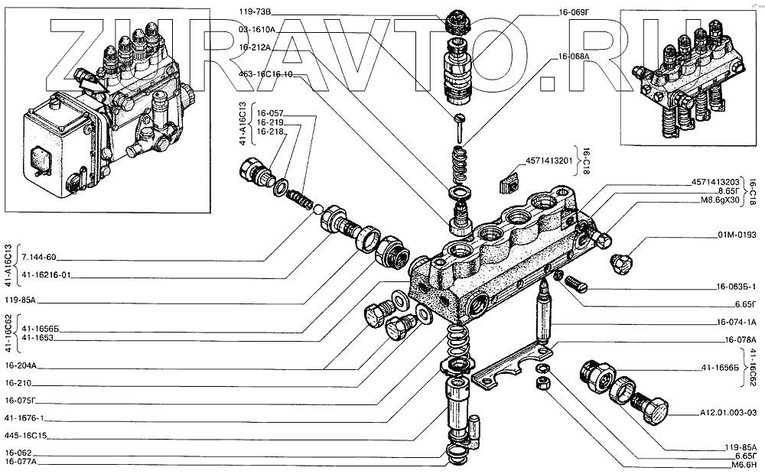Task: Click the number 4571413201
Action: coord(550,162)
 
